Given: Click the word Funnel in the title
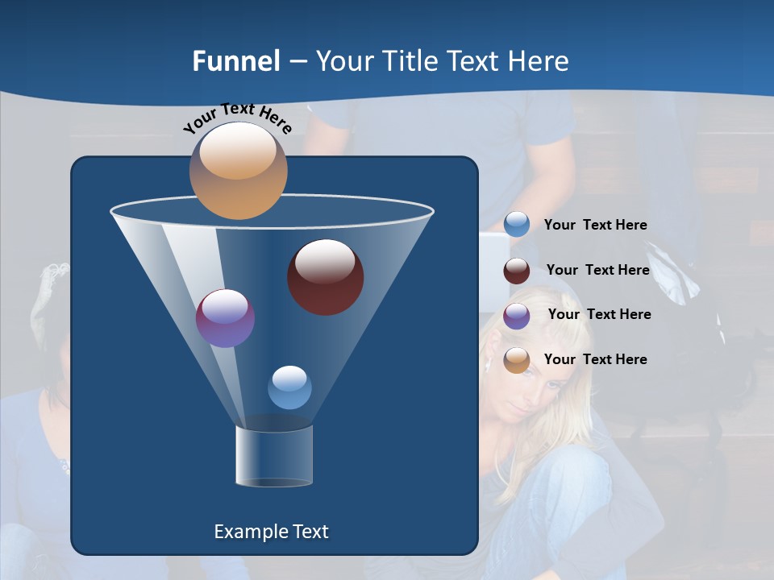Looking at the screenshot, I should click(x=235, y=61).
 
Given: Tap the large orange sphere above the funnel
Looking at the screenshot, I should click(x=238, y=171).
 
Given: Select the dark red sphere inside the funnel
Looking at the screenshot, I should click(x=325, y=277).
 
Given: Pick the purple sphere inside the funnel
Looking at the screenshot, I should click(x=225, y=318).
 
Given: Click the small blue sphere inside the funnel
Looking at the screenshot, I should click(x=289, y=387).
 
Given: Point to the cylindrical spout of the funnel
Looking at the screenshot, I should click(x=274, y=455).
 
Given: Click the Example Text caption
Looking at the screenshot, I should click(x=271, y=532).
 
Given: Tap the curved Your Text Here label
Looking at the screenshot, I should click(x=237, y=118).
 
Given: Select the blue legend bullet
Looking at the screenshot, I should click(x=517, y=225).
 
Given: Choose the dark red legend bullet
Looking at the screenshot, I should click(x=517, y=271).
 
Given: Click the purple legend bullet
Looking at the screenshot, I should click(x=517, y=316).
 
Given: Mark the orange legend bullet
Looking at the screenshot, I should click(x=517, y=360).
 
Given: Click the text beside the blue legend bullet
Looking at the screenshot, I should click(x=595, y=226).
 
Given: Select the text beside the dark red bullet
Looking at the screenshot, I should click(x=597, y=271).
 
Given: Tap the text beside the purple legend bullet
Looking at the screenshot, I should click(x=599, y=315).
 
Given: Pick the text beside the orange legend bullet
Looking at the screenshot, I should click(x=595, y=360).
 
